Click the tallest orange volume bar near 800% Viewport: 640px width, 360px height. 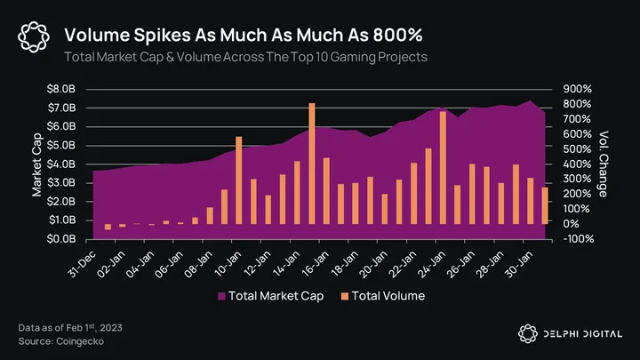pos(312,164)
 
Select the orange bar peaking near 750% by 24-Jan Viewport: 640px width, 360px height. pos(443,167)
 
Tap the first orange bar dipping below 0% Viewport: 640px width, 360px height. pos(108,227)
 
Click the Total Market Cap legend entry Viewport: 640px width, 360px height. pos(270,296)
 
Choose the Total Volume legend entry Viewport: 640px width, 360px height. pos(383,296)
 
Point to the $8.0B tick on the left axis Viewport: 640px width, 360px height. pos(61,89)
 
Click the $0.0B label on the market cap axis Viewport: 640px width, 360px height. pos(61,239)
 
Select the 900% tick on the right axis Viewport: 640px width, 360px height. pos(577,89)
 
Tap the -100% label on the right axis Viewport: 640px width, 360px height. pos(579,239)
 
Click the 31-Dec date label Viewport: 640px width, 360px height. pos(83,264)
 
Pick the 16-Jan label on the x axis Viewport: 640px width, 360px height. pos(316,264)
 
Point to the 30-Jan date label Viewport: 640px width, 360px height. pos(520,264)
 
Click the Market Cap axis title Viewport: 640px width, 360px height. pos(36,164)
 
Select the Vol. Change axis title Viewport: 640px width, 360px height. pos(603,164)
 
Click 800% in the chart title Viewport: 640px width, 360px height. pos(397,35)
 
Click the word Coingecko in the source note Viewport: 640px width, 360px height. pos(80,341)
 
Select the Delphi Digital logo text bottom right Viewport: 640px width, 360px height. pos(582,334)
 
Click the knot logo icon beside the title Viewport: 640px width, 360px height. pos(34,37)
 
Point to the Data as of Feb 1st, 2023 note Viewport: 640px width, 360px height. pos(70,328)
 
